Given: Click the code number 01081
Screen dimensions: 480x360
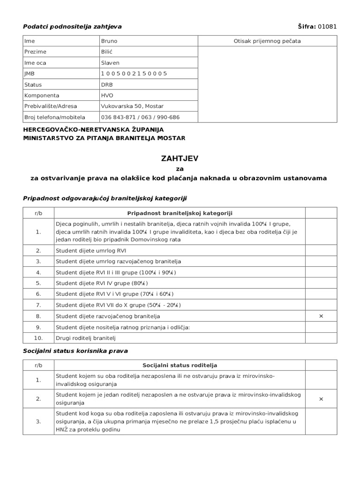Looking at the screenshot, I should click(327, 26).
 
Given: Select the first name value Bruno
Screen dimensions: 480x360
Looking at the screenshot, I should click(109, 41).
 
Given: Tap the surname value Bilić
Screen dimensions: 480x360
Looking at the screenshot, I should click(107, 52).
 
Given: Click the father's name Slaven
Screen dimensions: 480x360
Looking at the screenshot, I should click(110, 63).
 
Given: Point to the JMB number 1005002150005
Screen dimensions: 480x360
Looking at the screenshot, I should click(134, 74).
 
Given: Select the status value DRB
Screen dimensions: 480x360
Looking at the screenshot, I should click(107, 85).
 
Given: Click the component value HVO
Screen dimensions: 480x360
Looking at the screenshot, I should click(107, 95).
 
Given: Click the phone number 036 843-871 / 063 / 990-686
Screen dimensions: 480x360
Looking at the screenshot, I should click(140, 117).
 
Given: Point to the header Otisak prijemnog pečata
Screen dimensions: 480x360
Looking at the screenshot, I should click(267, 41).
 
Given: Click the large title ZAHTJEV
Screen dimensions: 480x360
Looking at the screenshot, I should click(180, 159).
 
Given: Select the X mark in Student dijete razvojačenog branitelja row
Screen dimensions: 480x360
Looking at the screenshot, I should click(321, 316).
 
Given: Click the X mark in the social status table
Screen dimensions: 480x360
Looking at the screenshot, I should click(321, 399).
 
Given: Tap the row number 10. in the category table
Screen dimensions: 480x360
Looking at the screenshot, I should click(38, 338).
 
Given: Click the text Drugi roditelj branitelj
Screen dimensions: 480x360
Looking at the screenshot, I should click(85, 338).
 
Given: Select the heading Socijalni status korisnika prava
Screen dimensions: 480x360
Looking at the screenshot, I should click(75, 351).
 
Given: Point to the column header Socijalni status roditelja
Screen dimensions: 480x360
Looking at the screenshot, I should click(180, 365).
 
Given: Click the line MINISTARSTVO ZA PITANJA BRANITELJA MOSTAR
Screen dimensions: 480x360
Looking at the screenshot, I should click(104, 138).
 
